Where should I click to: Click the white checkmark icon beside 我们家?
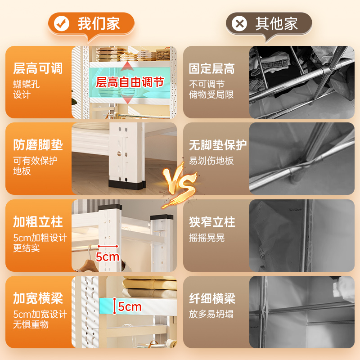[61, 24]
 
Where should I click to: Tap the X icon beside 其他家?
[239, 24]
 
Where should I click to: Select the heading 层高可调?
[38, 68]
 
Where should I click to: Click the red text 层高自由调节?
[130, 82]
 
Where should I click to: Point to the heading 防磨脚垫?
[38, 145]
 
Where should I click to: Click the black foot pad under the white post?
[127, 185]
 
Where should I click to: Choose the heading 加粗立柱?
[38, 222]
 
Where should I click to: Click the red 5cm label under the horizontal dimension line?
[108, 256]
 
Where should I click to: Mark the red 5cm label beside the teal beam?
[130, 307]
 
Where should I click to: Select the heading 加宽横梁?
[38, 298]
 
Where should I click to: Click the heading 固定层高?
[211, 68]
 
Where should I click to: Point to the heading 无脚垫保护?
[218, 145]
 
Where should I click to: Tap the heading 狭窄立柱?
[212, 222]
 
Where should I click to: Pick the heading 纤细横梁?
[212, 298]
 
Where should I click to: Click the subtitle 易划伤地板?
[211, 161]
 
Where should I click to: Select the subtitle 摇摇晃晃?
[207, 238]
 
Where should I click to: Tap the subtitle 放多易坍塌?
[211, 314]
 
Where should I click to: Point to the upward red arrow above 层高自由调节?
[127, 66]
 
